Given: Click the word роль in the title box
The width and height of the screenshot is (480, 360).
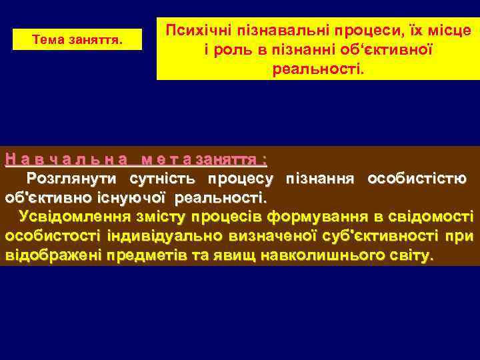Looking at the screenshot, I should click(234, 51).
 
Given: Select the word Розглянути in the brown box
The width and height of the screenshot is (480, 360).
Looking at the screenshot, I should click(71, 179).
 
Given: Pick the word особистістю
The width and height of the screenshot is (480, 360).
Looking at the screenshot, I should click(417, 179).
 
